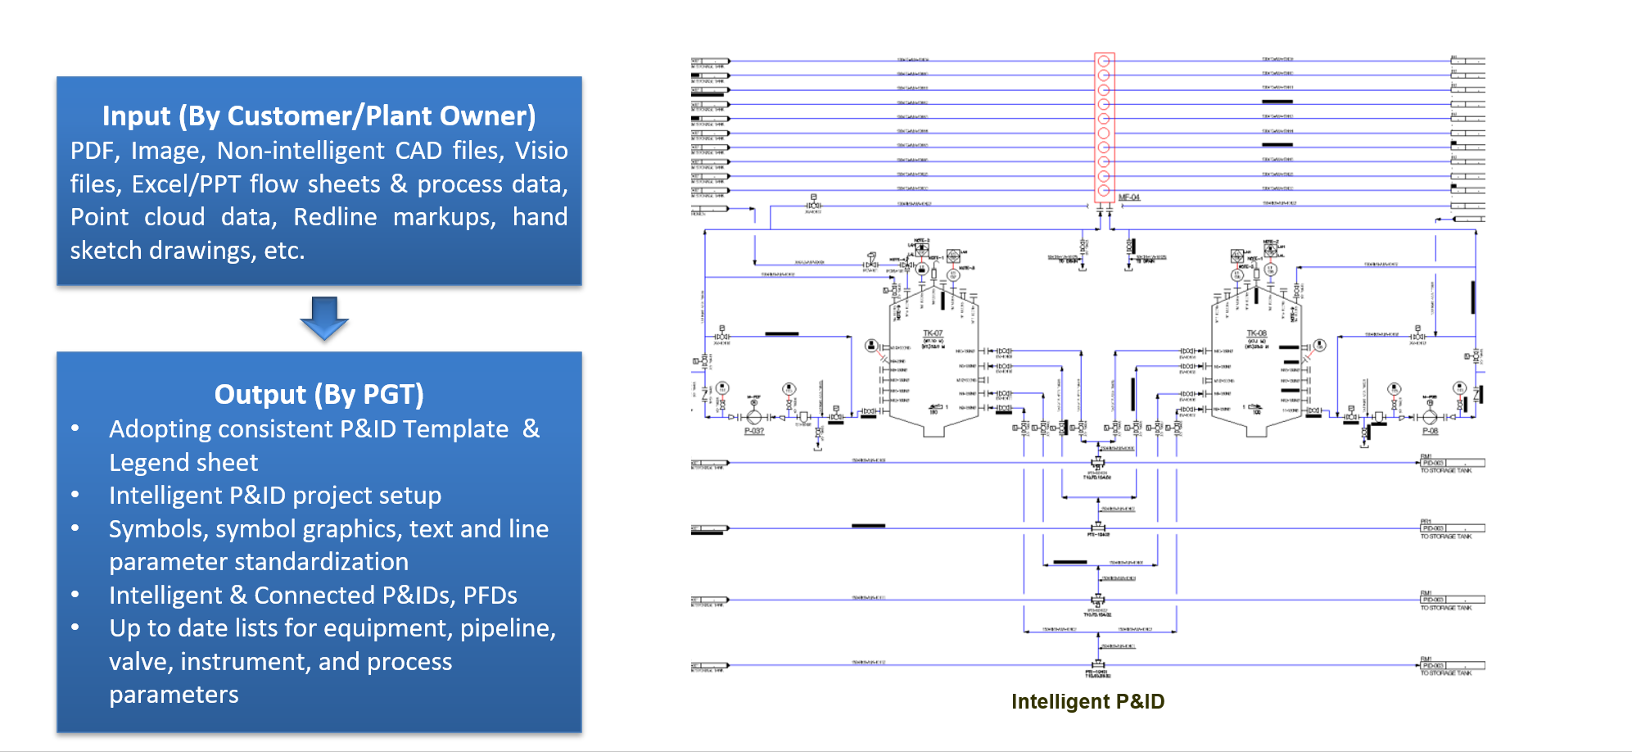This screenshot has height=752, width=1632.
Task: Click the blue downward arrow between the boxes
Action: coord(324,318)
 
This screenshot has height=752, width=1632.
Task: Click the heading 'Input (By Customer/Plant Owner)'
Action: coord(319,116)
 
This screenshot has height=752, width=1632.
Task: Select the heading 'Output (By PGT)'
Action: coord(319,395)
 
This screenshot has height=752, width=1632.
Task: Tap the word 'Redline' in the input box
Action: coord(335,217)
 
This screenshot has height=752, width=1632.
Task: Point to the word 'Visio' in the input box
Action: coord(540,151)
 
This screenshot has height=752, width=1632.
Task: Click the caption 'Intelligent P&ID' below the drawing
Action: coord(1087,701)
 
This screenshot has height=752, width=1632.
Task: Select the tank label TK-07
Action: coord(933,333)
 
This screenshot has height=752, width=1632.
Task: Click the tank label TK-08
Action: coord(1256,333)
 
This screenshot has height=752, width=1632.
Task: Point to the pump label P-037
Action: coord(753,431)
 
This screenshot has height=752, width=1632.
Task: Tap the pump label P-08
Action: coord(1430,431)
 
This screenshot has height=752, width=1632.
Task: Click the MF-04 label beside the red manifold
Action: coord(1128,197)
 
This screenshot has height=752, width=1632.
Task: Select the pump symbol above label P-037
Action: coord(754,416)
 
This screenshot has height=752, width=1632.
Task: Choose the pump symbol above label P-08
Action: coord(1430,416)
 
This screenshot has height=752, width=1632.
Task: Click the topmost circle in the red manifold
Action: coord(1104,61)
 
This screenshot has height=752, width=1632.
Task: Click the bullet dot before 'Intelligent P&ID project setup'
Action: coord(75,495)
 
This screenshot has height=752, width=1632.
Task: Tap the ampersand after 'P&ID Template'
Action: coord(531,428)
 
